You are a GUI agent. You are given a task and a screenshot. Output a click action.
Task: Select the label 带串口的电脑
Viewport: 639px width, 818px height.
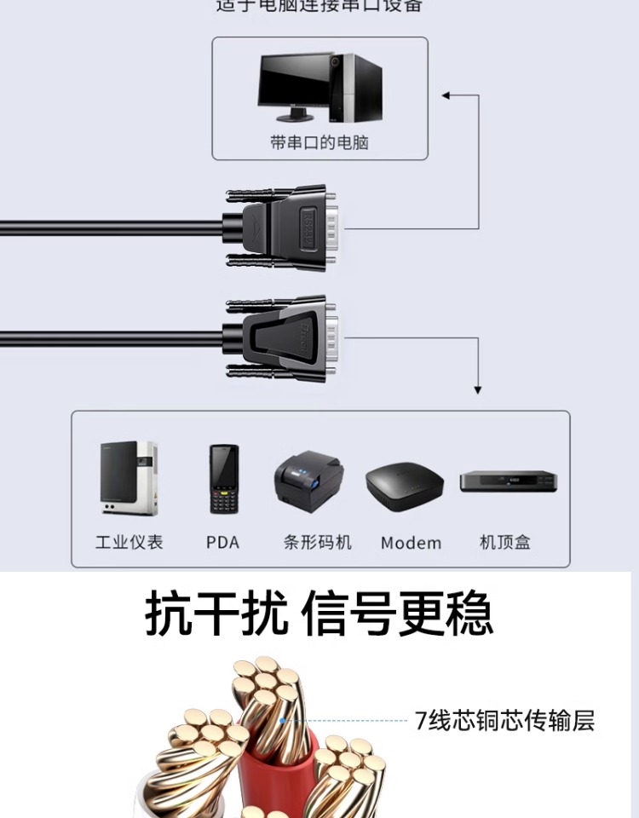pyautogui.click(x=319, y=142)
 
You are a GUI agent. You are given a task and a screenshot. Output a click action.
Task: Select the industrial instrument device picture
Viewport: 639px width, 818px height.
pyautogui.click(x=128, y=478)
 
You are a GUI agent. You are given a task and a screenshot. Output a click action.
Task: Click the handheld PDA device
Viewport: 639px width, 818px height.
pyautogui.click(x=224, y=479)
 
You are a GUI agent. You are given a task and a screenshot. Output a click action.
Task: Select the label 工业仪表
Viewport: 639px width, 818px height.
pyautogui.click(x=129, y=542)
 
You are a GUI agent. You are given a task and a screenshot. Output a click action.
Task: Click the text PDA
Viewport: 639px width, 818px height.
pyautogui.click(x=222, y=542)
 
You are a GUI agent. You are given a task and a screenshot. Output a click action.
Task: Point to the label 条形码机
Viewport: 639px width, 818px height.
pyautogui.click(x=317, y=542)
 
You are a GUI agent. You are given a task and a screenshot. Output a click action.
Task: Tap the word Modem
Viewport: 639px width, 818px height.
pyautogui.click(x=411, y=543)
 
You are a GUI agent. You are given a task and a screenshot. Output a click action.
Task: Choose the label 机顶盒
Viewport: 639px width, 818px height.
pyautogui.click(x=505, y=542)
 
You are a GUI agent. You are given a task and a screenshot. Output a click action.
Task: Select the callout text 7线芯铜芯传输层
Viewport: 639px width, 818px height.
pyautogui.click(x=504, y=721)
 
